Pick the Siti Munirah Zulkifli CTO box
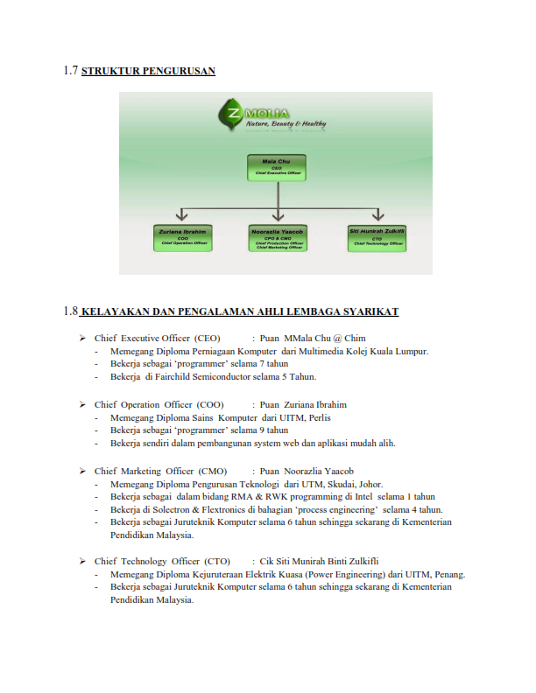[376, 236]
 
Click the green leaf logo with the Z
[232, 115]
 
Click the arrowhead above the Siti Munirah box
[377, 214]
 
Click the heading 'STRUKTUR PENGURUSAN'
[148, 71]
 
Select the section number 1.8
[71, 311]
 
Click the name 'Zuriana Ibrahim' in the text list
[314, 405]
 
